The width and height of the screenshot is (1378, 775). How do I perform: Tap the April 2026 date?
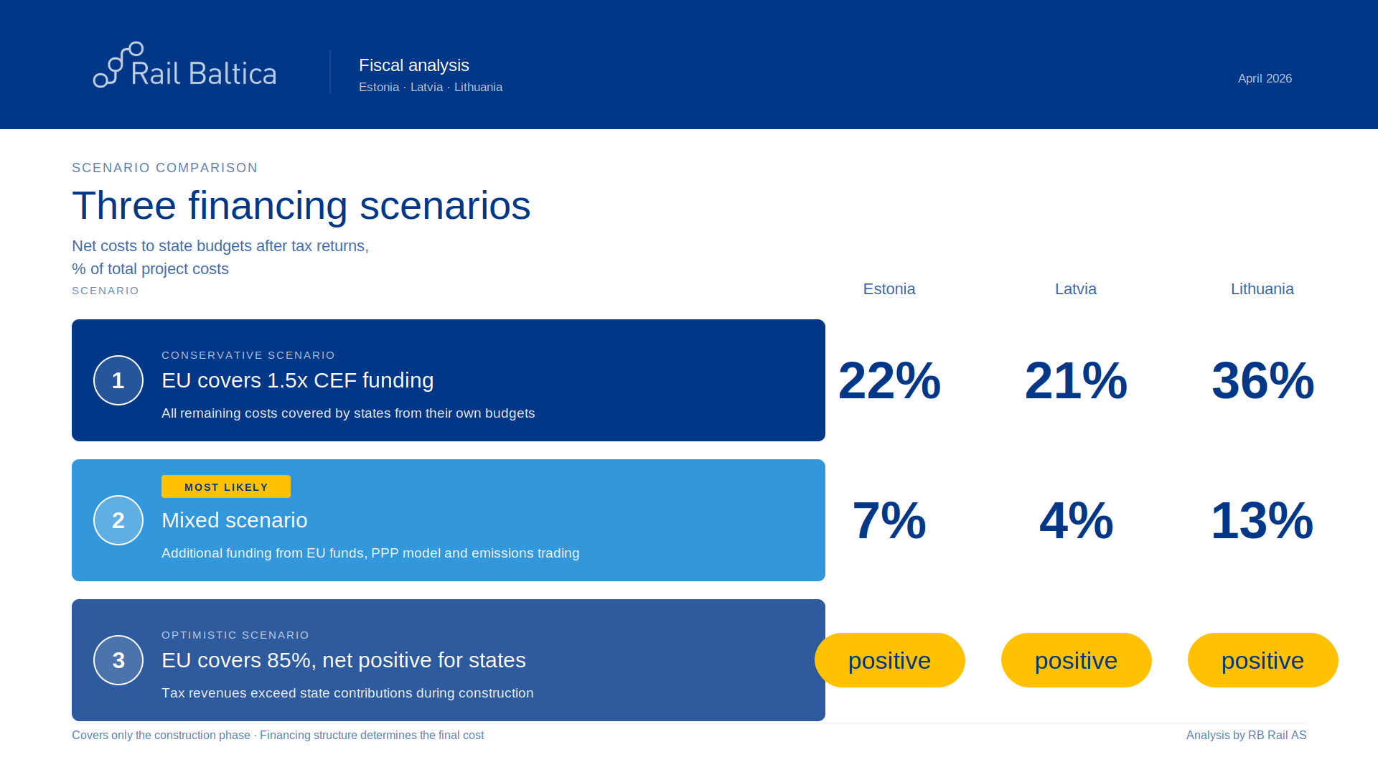[1265, 78]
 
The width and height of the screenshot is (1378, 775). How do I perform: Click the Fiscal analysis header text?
[414, 65]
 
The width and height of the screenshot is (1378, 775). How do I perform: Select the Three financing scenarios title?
[301, 206]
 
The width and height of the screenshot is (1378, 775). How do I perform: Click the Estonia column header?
[889, 289]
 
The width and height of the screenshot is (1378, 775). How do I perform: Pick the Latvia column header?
[1075, 289]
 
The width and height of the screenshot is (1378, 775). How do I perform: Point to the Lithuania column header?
[1262, 289]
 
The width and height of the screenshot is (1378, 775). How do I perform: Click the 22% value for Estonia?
[889, 380]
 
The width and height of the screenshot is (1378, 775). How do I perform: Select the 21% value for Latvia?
[1076, 380]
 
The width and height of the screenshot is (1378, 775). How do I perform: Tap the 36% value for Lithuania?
[1262, 380]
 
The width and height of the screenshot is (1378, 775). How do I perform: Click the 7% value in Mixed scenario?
[889, 520]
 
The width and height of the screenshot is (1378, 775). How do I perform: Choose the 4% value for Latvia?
[1076, 520]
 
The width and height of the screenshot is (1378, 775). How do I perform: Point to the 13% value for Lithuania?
[1262, 520]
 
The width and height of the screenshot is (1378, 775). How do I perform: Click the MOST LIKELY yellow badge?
[226, 487]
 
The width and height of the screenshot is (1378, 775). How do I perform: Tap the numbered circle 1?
[118, 380]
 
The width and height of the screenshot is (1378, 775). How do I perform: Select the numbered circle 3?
[118, 660]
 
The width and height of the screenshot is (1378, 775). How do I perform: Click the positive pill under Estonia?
[889, 660]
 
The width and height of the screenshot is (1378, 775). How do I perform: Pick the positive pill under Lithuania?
[1262, 660]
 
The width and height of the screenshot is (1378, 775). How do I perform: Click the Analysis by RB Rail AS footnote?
[1246, 735]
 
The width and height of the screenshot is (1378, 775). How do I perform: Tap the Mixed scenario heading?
[235, 520]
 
